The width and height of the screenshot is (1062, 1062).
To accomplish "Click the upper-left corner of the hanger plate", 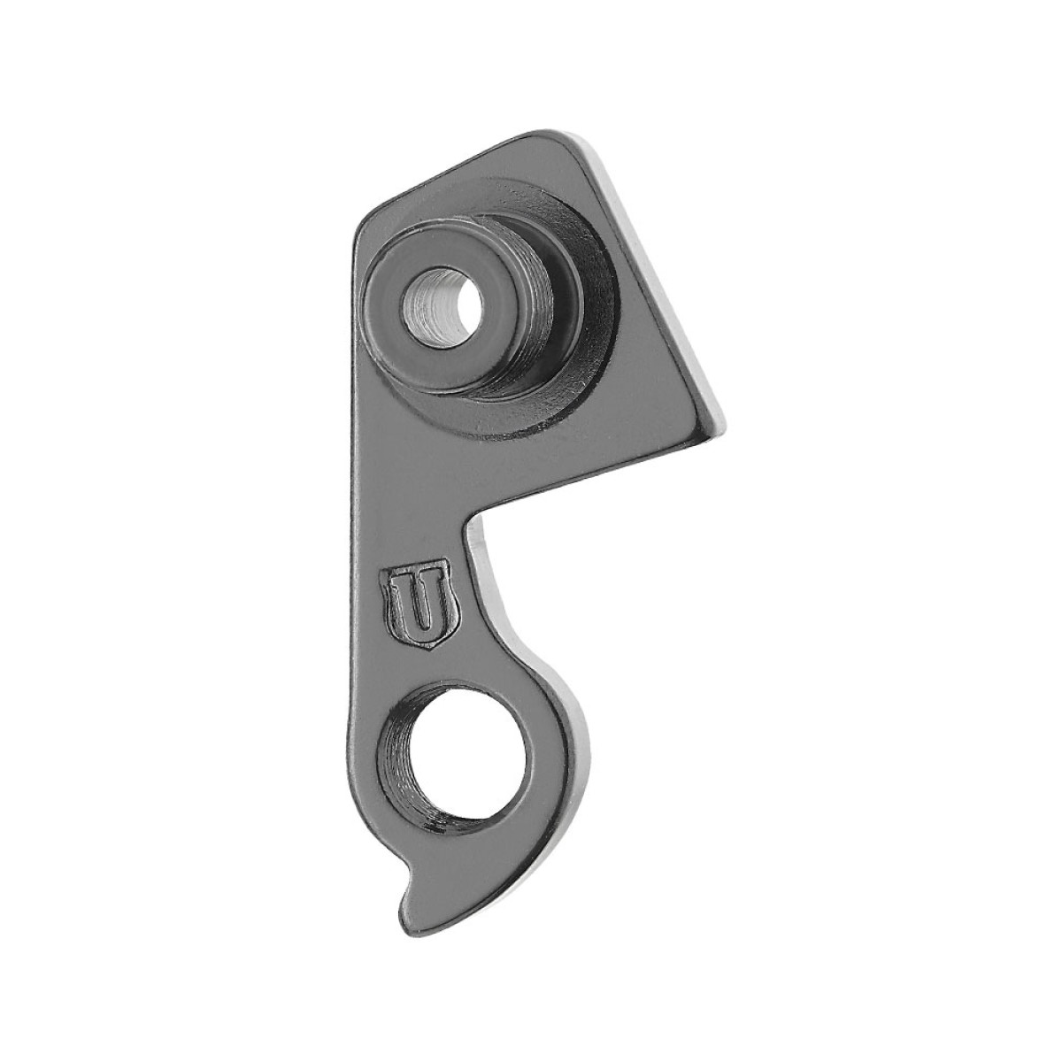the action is pos(366,218).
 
